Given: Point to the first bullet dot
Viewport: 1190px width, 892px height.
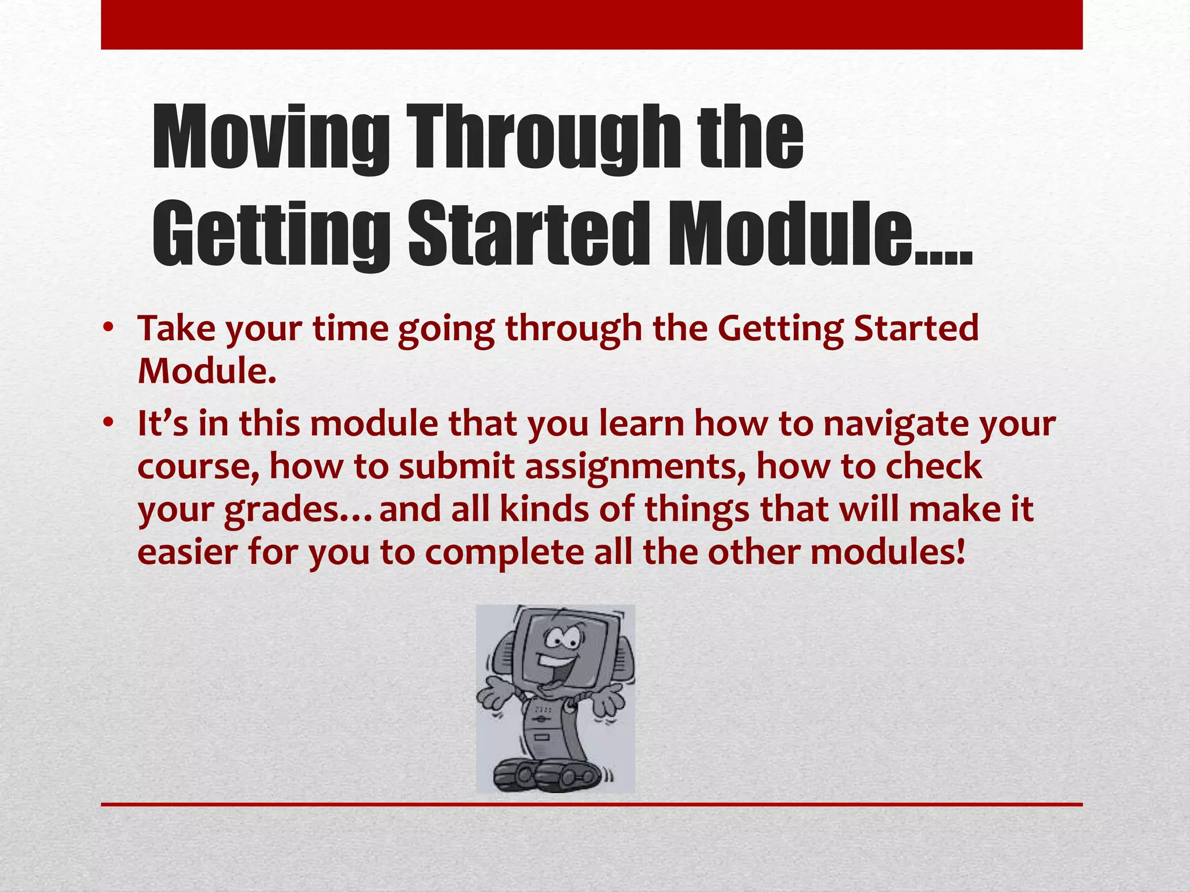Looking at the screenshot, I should point(107,329).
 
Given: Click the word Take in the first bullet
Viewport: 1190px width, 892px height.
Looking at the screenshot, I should point(177,329).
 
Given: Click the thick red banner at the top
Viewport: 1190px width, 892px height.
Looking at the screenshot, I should point(592,24).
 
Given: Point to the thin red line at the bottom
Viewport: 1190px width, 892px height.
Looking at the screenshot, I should point(592,804).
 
